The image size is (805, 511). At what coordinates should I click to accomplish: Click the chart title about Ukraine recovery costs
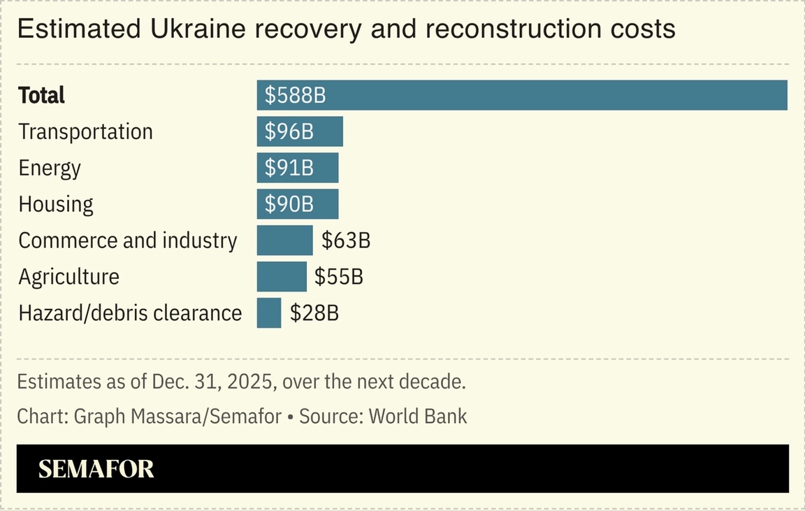pyautogui.click(x=346, y=29)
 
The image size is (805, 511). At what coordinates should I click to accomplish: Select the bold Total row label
pyautogui.click(x=41, y=95)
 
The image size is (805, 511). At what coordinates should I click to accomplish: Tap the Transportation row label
pyautogui.click(x=85, y=131)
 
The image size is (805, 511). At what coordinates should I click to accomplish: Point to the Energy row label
pyautogui.click(x=50, y=168)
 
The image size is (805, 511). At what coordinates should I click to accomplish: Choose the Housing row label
pyautogui.click(x=56, y=204)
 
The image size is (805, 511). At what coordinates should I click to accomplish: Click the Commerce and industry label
pyautogui.click(x=128, y=240)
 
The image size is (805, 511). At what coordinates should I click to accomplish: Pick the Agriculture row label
pyautogui.click(x=68, y=277)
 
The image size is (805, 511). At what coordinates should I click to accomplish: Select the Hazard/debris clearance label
pyautogui.click(x=130, y=313)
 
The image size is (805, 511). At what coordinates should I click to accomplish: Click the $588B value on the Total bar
pyautogui.click(x=295, y=95)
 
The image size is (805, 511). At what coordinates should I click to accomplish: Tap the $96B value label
pyautogui.click(x=289, y=131)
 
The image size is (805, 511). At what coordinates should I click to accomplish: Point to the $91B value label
pyautogui.click(x=289, y=168)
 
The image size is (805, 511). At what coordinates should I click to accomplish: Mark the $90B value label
pyautogui.click(x=289, y=204)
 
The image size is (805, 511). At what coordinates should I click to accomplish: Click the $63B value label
pyautogui.click(x=345, y=240)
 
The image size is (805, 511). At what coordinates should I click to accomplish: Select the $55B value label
pyautogui.click(x=338, y=277)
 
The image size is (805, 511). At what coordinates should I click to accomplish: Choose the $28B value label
pyautogui.click(x=314, y=313)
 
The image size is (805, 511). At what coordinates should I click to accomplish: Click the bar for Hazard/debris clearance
pyautogui.click(x=268, y=313)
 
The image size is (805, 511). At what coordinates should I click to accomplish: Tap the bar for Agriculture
pyautogui.click(x=281, y=277)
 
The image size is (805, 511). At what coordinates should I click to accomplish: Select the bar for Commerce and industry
pyautogui.click(x=284, y=240)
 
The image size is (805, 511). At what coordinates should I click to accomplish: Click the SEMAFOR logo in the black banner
pyautogui.click(x=96, y=469)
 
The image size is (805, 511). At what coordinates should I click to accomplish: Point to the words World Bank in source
pyautogui.click(x=418, y=417)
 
